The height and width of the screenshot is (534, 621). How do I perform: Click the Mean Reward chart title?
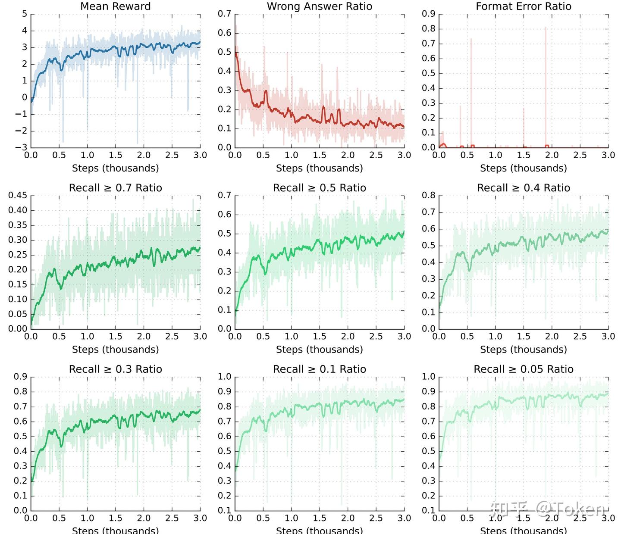click(116, 6)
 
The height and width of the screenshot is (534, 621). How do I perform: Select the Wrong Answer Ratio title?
click(319, 6)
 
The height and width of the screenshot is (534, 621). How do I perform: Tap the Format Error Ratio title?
click(524, 6)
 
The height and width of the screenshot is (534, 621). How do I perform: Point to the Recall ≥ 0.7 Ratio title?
click(116, 188)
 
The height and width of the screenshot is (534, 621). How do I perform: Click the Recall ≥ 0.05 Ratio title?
click(524, 369)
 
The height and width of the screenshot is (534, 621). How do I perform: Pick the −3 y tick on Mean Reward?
click(21, 147)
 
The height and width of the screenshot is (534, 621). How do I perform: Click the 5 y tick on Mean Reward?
click(25, 14)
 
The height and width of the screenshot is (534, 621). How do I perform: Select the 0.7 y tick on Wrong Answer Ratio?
click(224, 14)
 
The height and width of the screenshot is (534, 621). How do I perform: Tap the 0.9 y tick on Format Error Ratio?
click(429, 14)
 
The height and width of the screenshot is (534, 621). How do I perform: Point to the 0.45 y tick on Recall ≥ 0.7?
click(18, 195)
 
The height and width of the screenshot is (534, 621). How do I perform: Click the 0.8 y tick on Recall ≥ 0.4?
click(429, 195)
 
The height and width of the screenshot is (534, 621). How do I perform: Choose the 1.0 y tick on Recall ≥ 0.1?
click(224, 377)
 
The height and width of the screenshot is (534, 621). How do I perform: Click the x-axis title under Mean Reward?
click(116, 168)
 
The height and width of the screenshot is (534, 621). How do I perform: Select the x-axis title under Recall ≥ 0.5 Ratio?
click(319, 350)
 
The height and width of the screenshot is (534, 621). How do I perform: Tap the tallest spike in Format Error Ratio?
click(546, 28)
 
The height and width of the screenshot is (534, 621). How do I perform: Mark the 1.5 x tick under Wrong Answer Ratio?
click(320, 155)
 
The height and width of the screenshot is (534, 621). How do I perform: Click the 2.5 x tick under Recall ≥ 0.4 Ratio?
click(580, 337)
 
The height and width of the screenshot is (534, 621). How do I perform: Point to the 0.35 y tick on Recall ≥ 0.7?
click(18, 225)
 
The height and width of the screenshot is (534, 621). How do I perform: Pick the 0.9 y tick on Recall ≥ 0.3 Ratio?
click(20, 377)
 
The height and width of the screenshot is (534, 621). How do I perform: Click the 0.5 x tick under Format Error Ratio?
click(467, 155)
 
